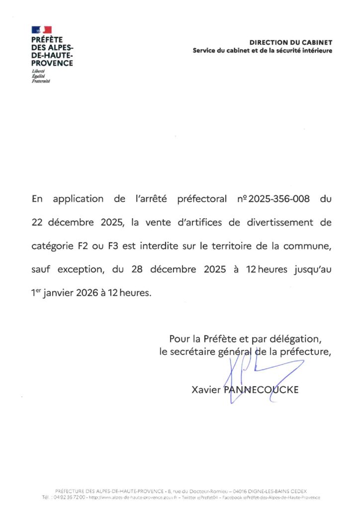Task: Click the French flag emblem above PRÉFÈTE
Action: (41, 30)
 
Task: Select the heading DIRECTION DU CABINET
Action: (291, 43)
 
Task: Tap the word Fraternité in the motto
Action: (41, 81)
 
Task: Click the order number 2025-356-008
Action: (278, 199)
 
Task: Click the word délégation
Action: (295, 339)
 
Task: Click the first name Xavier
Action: (206, 390)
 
